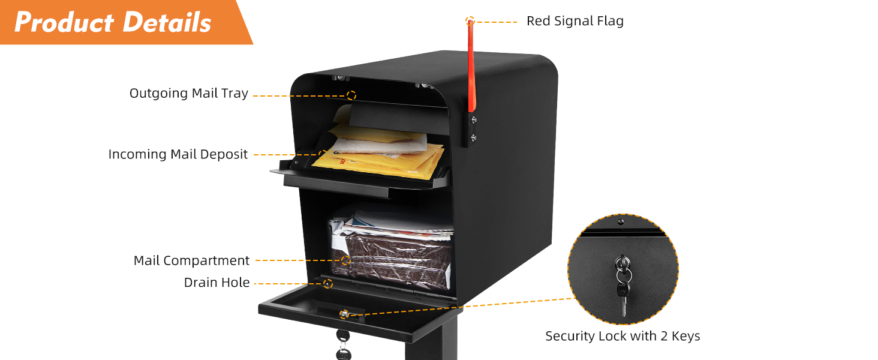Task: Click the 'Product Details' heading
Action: pyautogui.click(x=113, y=22)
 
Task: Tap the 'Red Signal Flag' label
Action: pyautogui.click(x=575, y=21)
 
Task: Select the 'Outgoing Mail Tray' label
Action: pyautogui.click(x=189, y=94)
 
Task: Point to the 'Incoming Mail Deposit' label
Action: pyautogui.click(x=178, y=154)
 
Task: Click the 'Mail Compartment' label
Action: pyautogui.click(x=191, y=260)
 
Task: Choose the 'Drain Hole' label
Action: pyautogui.click(x=217, y=283)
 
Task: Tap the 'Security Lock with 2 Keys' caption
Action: pyautogui.click(x=623, y=336)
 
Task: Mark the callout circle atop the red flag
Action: pyautogui.click(x=470, y=21)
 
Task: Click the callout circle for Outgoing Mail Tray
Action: pyautogui.click(x=351, y=95)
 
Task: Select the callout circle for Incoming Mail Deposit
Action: pyautogui.click(x=323, y=154)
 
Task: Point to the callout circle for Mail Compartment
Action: pyautogui.click(x=346, y=260)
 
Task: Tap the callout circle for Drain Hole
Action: pyautogui.click(x=327, y=283)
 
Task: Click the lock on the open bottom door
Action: pyautogui.click(x=344, y=314)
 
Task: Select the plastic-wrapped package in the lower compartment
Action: pyautogui.click(x=390, y=258)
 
